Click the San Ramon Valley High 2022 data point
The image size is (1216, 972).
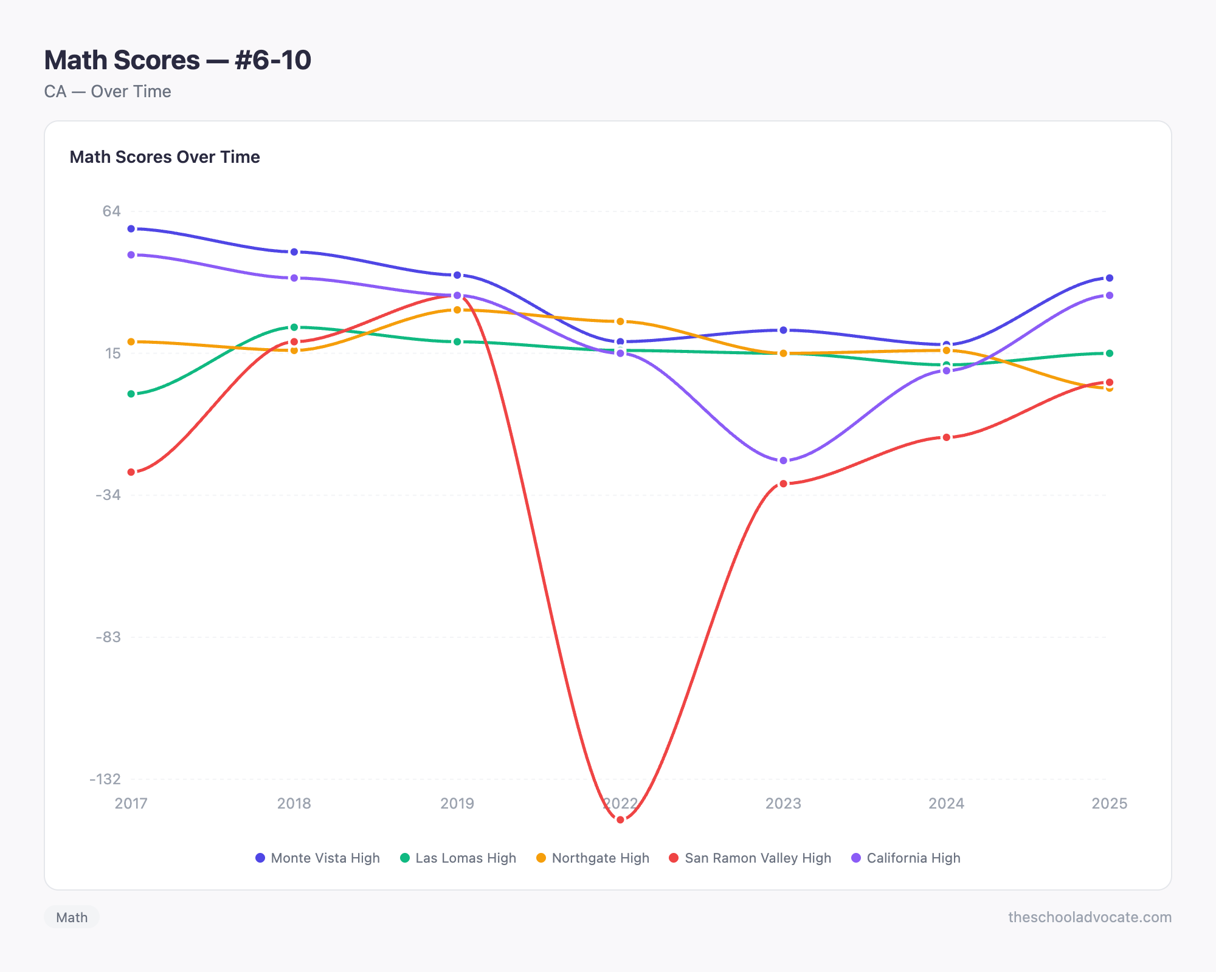click(x=620, y=820)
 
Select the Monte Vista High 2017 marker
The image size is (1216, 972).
click(x=131, y=228)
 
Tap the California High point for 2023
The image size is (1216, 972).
click(x=783, y=460)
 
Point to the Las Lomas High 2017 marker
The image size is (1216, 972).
click(x=131, y=394)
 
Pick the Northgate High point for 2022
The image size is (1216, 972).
click(x=620, y=321)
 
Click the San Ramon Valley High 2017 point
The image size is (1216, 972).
click(x=131, y=472)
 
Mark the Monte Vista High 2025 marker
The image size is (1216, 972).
click(x=1109, y=278)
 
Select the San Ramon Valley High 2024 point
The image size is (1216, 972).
click(x=946, y=437)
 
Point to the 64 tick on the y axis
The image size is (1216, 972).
click(x=111, y=211)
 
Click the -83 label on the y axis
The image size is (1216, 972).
click(x=108, y=637)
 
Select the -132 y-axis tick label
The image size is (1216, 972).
click(x=105, y=779)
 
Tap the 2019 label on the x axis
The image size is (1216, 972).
click(x=457, y=804)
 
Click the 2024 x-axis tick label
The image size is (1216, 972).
click(x=946, y=804)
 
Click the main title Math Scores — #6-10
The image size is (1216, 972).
click(x=178, y=60)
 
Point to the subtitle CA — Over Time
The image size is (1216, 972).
click(x=108, y=92)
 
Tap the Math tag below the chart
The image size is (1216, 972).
click(x=72, y=917)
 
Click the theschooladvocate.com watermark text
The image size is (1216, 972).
click(x=1090, y=917)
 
